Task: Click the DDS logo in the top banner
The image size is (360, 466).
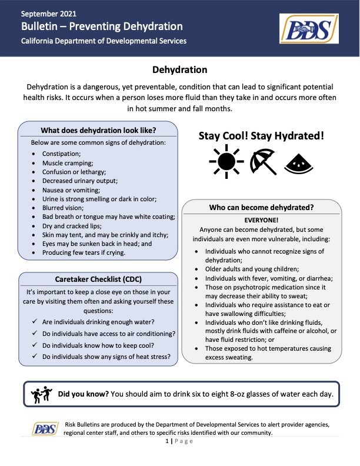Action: (x=309, y=29)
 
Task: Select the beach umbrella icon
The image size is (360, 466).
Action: (x=262, y=161)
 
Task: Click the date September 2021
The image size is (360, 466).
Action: (x=49, y=13)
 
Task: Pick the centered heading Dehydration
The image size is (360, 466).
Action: (x=179, y=70)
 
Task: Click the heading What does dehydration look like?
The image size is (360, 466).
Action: (x=98, y=130)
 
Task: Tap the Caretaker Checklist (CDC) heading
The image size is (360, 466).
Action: (x=98, y=279)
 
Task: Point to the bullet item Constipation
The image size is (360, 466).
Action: (x=61, y=154)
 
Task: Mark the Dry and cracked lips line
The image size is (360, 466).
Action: (x=71, y=226)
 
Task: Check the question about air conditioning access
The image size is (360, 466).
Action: (x=108, y=334)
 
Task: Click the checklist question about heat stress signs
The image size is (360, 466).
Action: (x=106, y=356)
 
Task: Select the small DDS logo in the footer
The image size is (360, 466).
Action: (x=44, y=428)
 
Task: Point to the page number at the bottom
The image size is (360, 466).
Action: (x=179, y=441)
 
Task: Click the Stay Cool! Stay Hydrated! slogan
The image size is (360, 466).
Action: (x=261, y=136)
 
